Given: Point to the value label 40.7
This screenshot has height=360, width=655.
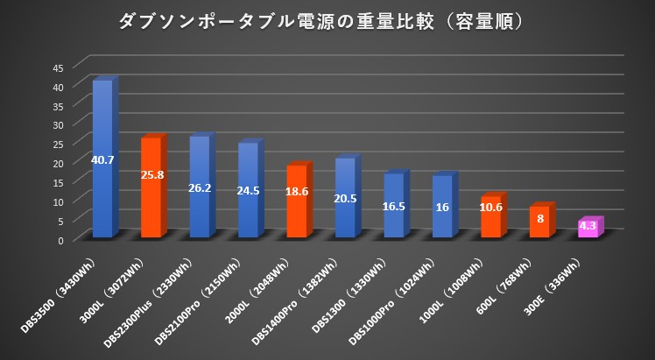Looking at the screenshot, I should coord(102,159).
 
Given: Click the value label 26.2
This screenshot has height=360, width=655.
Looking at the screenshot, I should coord(200,187).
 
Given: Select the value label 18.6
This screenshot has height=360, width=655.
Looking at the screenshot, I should coord(297,201).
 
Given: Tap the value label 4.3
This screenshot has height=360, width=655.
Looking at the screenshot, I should coord(588,225).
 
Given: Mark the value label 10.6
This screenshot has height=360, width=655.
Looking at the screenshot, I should coord(490,208).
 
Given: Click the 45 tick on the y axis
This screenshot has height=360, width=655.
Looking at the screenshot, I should coord(58,67).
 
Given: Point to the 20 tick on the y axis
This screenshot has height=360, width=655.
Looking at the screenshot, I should coord(58,163).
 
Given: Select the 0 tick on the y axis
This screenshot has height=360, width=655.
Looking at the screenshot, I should coord(60,239).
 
